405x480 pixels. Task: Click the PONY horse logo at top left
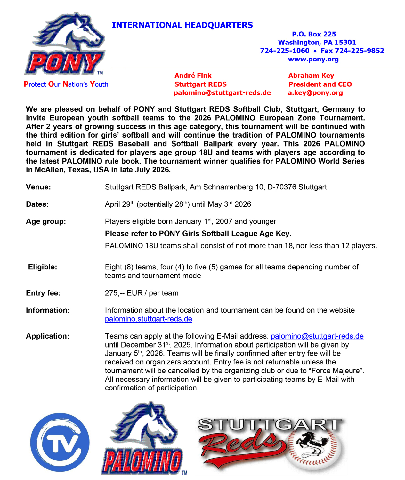[66, 45]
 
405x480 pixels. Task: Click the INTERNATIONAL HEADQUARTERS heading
[182, 25]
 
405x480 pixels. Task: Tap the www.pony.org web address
[313, 59]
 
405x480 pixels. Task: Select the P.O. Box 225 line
[314, 34]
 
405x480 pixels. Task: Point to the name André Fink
[193, 76]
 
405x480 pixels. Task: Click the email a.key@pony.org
[315, 93]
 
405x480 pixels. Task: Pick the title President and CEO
[320, 84]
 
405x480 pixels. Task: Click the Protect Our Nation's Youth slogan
[66, 84]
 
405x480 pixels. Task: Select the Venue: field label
[38, 187]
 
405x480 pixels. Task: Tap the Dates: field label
[37, 204]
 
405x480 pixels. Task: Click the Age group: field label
[46, 222]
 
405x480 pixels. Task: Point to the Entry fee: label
[43, 293]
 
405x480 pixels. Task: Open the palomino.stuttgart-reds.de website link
[149, 319]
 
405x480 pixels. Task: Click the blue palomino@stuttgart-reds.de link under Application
[317, 336]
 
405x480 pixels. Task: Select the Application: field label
[47, 336]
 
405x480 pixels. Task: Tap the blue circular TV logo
[60, 442]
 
